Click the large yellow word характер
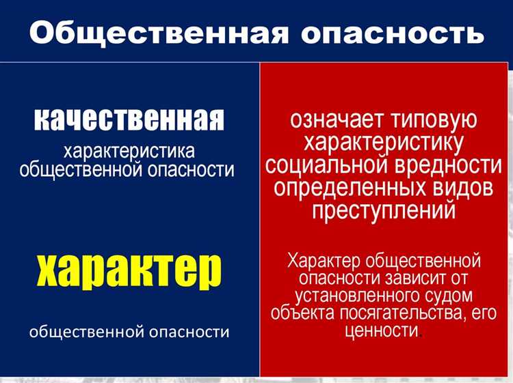click(129, 270)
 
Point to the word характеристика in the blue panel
click(129, 150)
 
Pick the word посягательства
click(401, 313)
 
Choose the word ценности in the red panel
click(382, 331)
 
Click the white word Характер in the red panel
click(324, 260)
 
